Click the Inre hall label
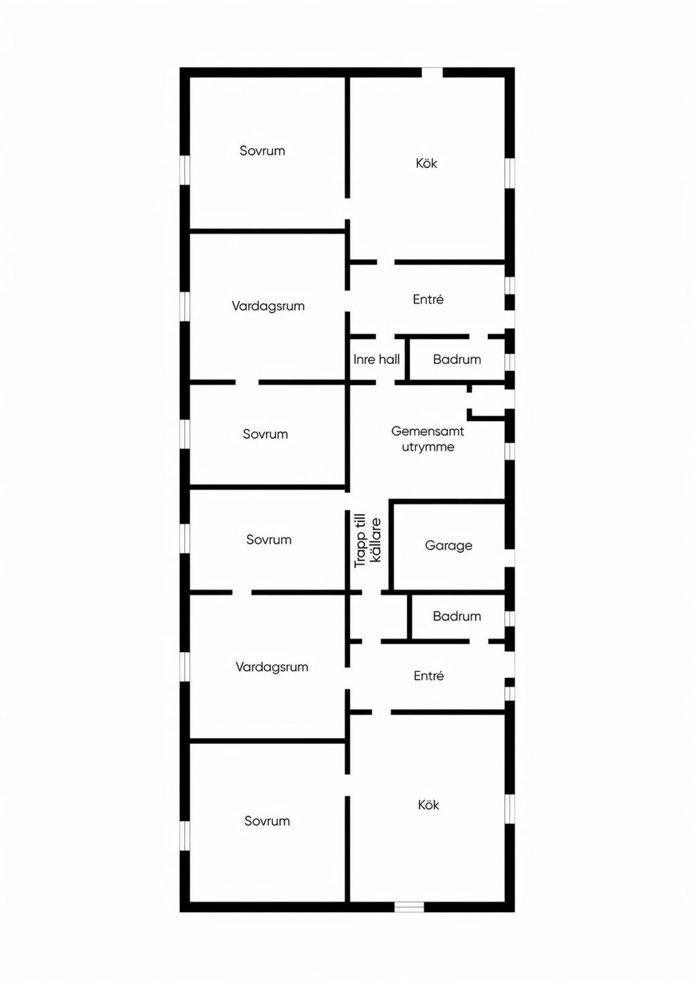tap(377, 359)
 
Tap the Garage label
tap(449, 546)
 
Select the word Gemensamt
tap(428, 431)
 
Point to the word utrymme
tap(428, 447)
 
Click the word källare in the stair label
tap(376, 540)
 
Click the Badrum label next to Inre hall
tap(457, 359)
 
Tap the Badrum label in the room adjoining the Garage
tap(457, 616)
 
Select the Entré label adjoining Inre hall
tap(428, 300)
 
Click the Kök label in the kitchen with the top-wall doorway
tap(426, 163)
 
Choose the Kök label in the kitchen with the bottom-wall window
tap(428, 805)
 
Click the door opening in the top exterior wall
tap(432, 73)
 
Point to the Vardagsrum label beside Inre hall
tap(268, 306)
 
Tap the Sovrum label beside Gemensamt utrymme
tap(265, 434)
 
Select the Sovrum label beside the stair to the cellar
tap(269, 540)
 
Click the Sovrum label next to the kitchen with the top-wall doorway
tap(262, 151)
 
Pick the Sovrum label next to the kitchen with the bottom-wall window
tap(267, 821)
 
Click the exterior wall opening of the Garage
tap(510, 558)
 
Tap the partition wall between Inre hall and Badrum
tap(407, 359)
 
